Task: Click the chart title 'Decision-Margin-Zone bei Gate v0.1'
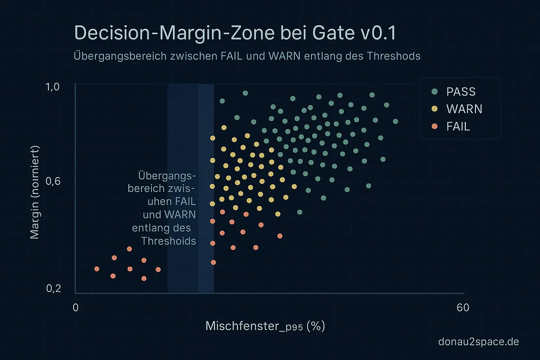click(235, 33)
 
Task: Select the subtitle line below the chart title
click(247, 56)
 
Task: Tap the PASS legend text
click(461, 92)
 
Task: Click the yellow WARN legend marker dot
click(435, 109)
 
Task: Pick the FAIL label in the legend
click(458, 127)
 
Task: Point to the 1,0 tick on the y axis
click(53, 87)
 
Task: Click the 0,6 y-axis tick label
click(53, 181)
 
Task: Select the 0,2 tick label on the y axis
click(53, 289)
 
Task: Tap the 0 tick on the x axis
click(76, 308)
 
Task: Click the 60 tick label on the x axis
click(463, 308)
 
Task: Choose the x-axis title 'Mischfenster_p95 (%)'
click(265, 326)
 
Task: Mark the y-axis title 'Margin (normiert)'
click(34, 192)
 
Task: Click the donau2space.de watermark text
click(478, 342)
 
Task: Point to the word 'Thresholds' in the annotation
click(168, 241)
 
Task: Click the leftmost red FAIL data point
click(97, 269)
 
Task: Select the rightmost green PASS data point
click(396, 121)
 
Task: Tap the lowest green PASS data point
click(300, 212)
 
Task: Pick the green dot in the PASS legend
click(435, 91)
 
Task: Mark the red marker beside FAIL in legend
click(435, 126)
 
